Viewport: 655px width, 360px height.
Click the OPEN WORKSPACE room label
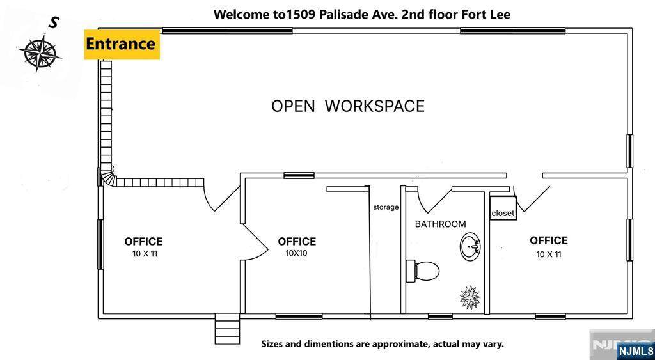click(x=348, y=106)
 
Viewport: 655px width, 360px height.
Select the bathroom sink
click(x=470, y=246)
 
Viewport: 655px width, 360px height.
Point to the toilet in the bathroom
click(x=423, y=270)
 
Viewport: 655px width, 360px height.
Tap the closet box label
click(x=503, y=213)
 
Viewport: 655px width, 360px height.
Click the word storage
click(x=386, y=207)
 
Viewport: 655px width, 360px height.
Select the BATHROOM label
click(x=440, y=224)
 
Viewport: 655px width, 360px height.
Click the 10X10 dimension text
click(x=297, y=253)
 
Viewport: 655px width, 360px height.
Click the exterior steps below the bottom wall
click(x=228, y=328)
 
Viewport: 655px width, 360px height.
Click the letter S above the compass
click(x=52, y=23)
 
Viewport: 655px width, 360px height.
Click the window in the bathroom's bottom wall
click(x=440, y=316)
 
